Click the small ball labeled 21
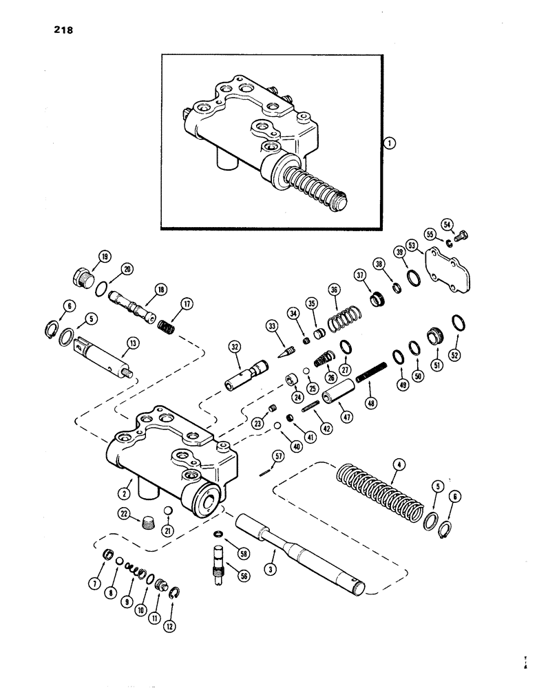(x=167, y=510)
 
